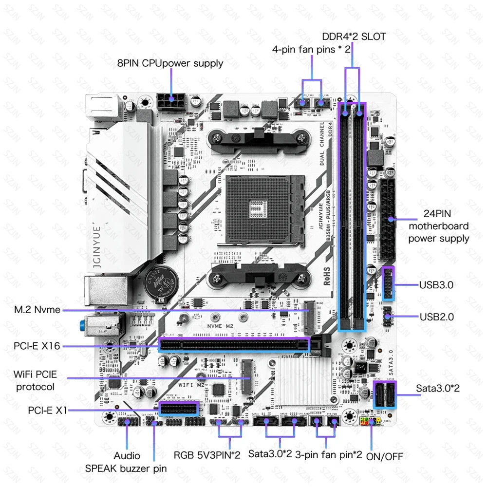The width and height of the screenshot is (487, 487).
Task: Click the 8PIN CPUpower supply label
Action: coord(170,63)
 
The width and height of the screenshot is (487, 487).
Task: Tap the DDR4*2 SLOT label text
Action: coord(354,37)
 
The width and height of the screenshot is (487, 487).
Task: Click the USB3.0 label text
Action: coord(436,285)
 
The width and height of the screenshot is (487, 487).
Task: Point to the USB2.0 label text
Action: coord(436,317)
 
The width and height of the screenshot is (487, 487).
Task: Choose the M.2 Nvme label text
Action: coord(37,310)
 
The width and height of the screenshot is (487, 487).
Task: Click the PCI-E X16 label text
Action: coord(37,346)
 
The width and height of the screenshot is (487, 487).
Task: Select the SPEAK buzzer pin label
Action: coord(126,468)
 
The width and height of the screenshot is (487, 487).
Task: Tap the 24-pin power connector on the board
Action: coord(389,219)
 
